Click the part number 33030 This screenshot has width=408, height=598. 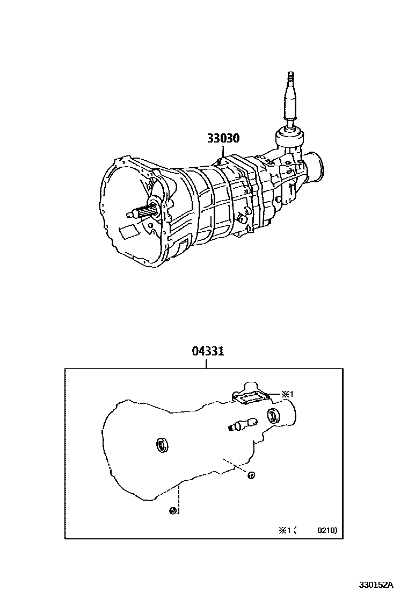tap(223, 138)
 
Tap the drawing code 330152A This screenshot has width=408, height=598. tap(377, 585)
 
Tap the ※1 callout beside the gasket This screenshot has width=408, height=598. tap(288, 394)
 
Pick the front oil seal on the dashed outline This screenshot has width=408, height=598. tap(161, 444)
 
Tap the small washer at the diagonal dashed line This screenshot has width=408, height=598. tap(251, 474)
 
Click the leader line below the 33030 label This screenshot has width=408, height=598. tap(221, 151)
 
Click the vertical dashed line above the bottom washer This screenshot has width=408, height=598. tap(179, 495)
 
